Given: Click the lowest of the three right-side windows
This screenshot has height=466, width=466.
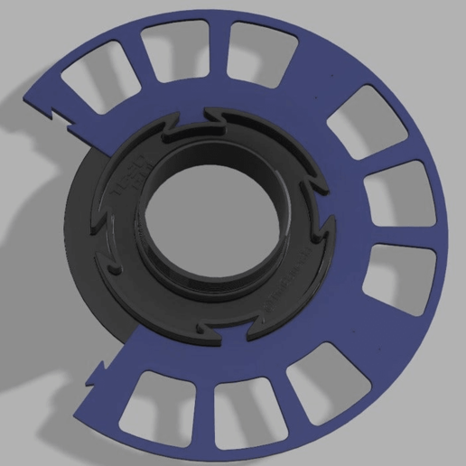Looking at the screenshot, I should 396,275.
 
